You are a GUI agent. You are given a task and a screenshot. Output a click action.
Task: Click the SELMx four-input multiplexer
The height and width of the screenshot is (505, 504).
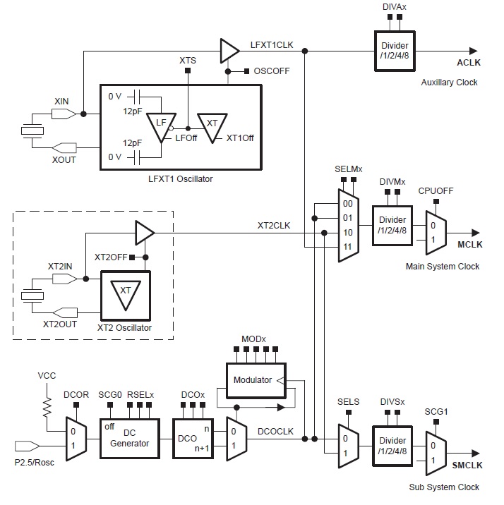(349, 225)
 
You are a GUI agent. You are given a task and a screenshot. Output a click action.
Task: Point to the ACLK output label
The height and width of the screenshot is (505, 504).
(468, 63)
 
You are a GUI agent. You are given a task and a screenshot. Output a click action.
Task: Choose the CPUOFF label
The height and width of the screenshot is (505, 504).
(436, 190)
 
